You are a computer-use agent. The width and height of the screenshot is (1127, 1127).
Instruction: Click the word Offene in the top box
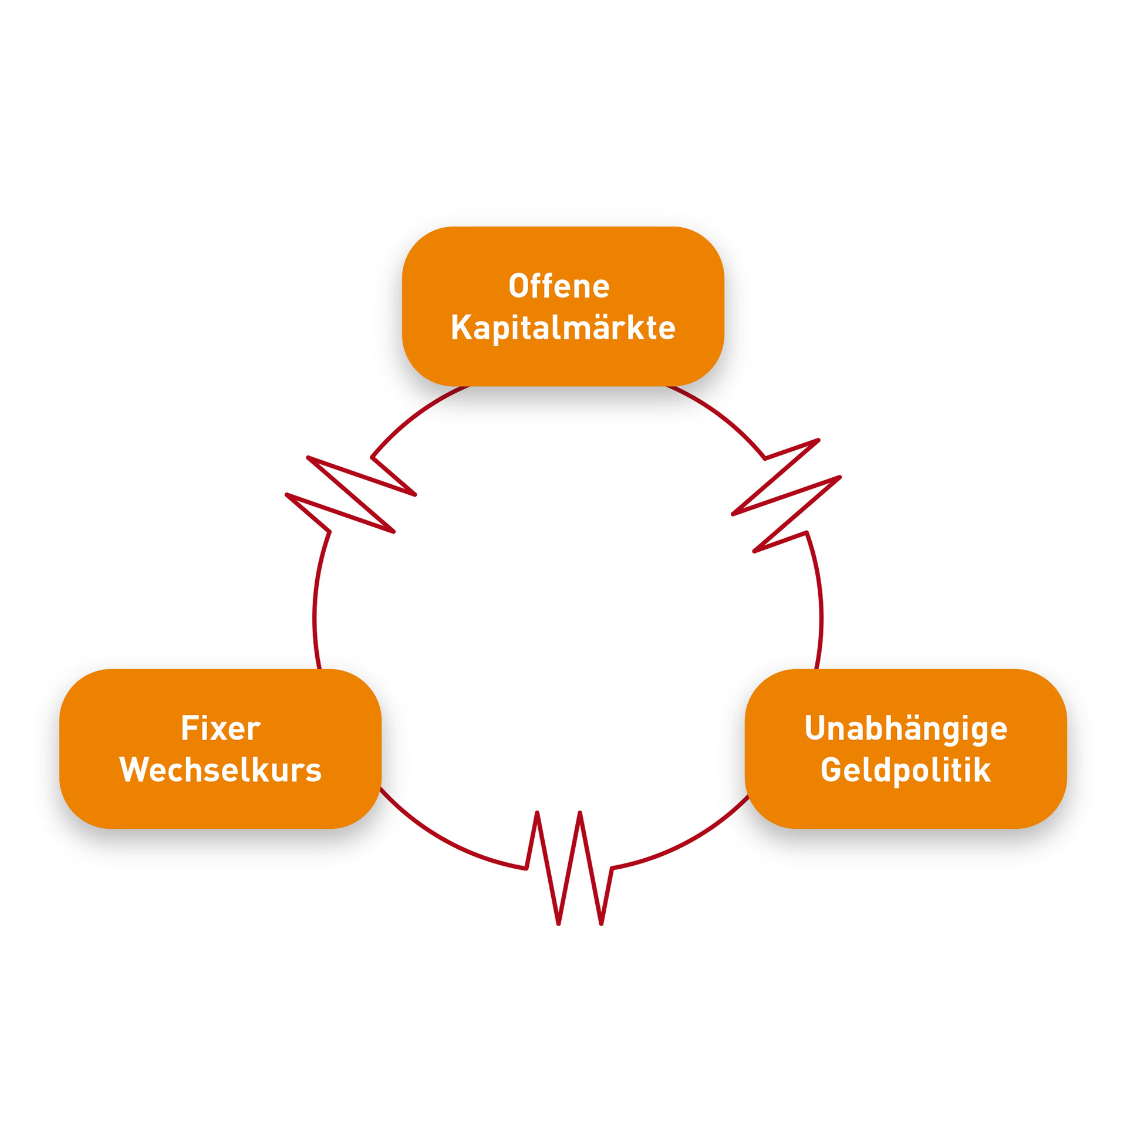pos(559,286)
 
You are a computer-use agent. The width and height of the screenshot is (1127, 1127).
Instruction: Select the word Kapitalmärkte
pos(563,328)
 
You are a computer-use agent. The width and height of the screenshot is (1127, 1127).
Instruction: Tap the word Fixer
pos(221,728)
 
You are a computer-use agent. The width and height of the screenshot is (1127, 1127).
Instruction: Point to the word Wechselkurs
pos(221,770)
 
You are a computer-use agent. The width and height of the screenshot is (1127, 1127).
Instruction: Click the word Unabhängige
pos(906,728)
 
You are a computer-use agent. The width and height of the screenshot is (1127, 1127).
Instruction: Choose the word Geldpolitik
pos(906,770)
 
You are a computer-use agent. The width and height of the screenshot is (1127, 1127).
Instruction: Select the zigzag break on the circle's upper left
pos(351,495)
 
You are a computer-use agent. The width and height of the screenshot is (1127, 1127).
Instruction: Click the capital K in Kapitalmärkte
pos(461,328)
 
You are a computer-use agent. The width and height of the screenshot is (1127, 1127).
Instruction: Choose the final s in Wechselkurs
pos(313,772)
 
